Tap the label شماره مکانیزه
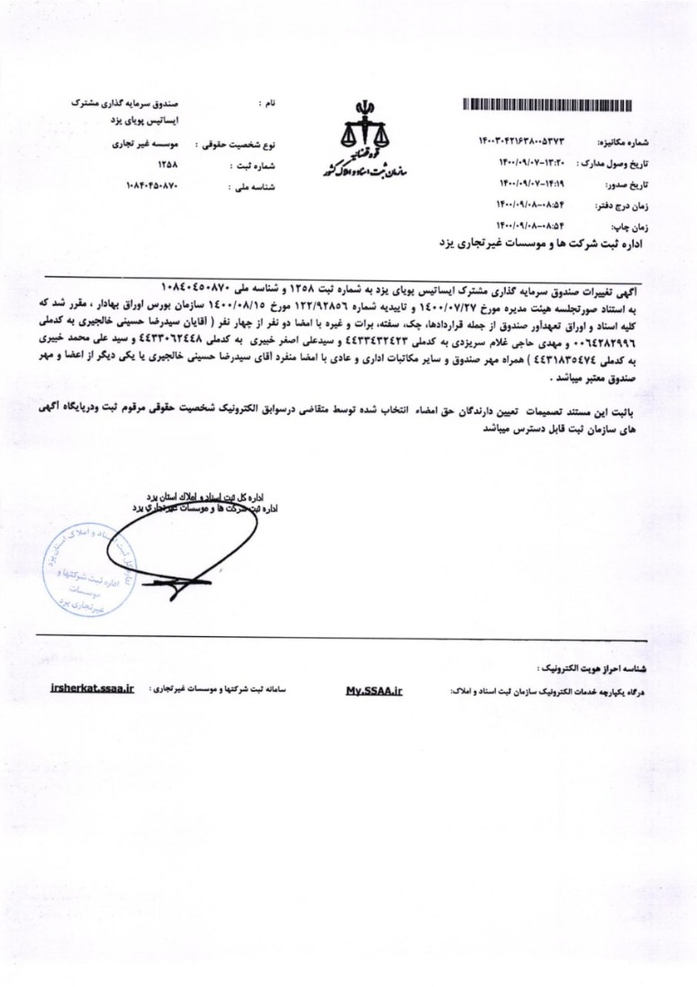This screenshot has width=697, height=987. click(621, 143)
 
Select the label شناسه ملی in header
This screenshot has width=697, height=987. click(256, 187)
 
